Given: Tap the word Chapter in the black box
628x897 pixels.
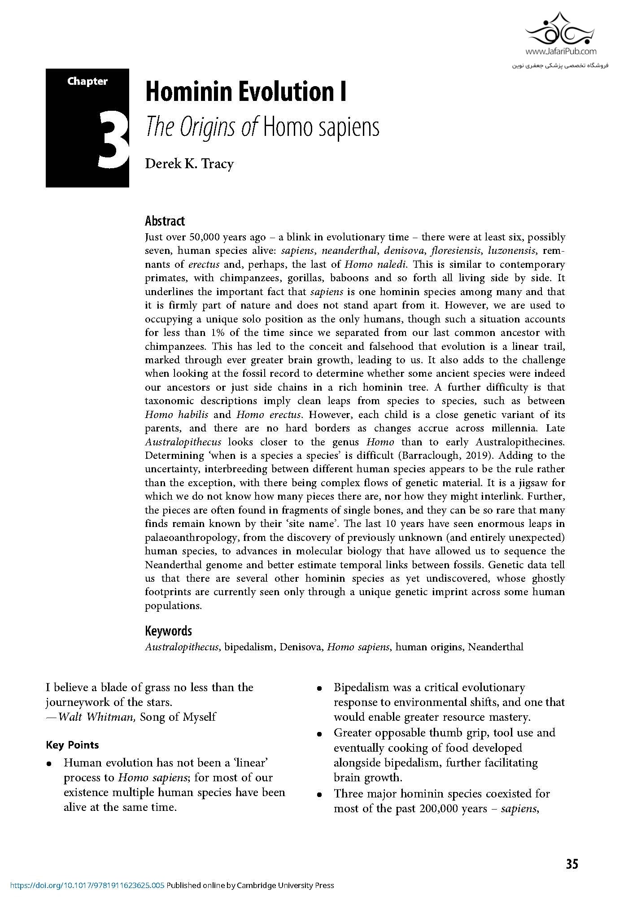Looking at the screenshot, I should pyautogui.click(x=87, y=82).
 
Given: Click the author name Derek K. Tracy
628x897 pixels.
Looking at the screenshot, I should pyautogui.click(x=189, y=164).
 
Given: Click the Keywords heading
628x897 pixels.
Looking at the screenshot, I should pyautogui.click(x=168, y=631).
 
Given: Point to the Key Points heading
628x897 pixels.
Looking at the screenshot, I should pyautogui.click(x=72, y=745).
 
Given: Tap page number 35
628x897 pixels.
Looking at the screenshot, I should pyautogui.click(x=572, y=864).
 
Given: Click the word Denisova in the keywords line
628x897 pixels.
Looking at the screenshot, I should pyautogui.click(x=301, y=647).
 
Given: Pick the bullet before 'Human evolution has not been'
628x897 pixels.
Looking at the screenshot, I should pyautogui.click(x=50, y=764).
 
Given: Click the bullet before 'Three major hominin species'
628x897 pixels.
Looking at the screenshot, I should pyautogui.click(x=320, y=795).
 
